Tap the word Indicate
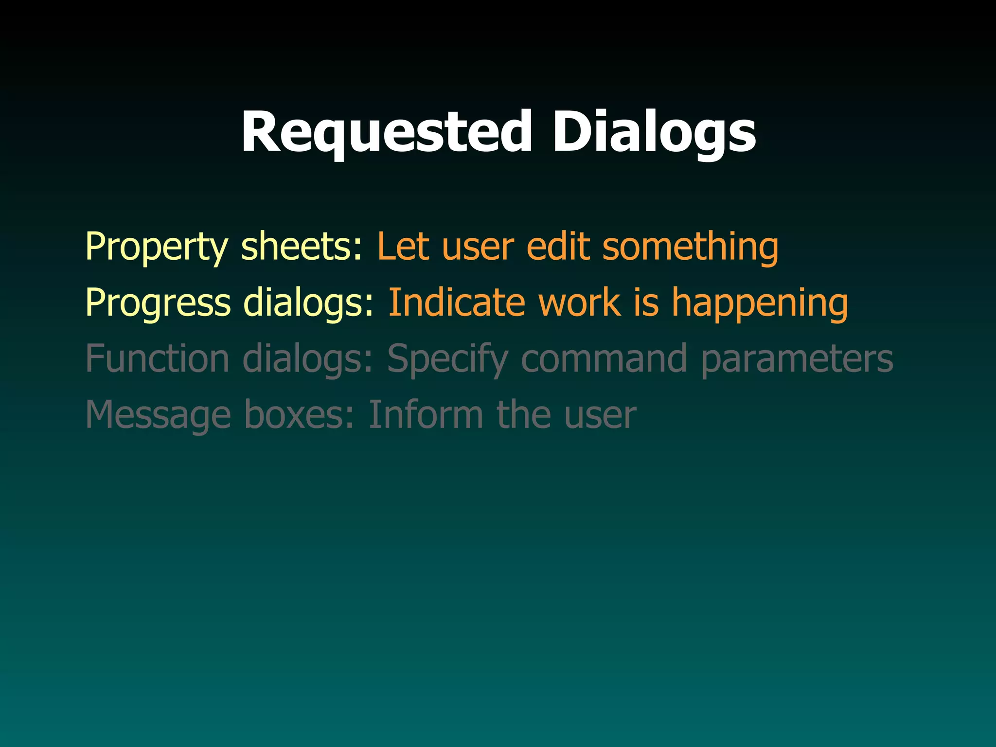(x=457, y=302)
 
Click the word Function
(x=157, y=359)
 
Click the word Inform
(x=426, y=415)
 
